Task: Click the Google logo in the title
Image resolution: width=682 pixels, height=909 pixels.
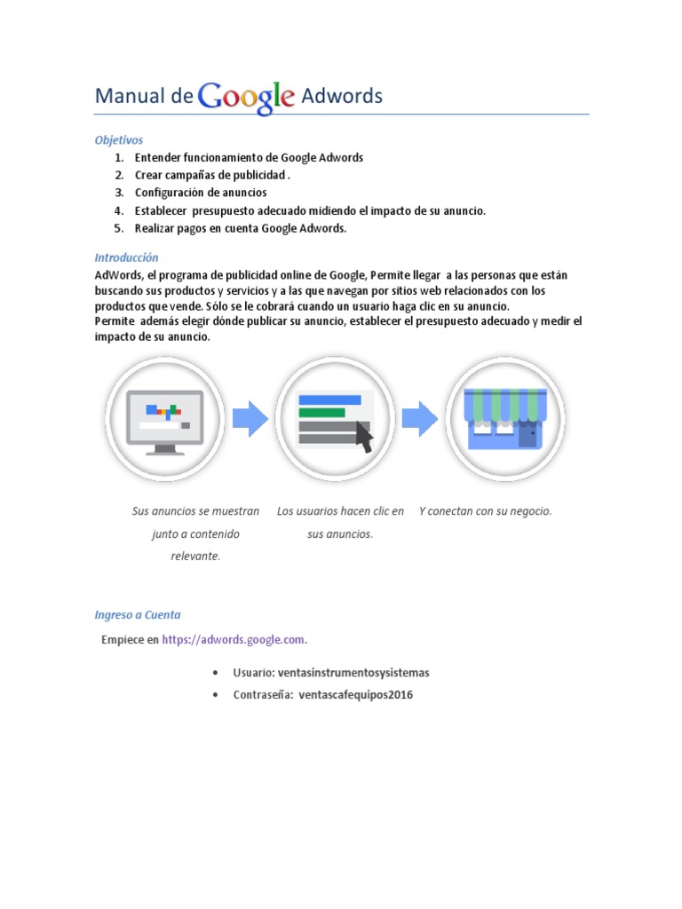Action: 247,97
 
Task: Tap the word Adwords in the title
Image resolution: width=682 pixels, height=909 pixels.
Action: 342,97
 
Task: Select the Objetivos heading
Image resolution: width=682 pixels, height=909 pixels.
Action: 119,140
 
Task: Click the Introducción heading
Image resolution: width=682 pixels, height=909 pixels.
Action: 126,257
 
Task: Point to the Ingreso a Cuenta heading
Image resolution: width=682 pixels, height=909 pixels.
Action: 138,614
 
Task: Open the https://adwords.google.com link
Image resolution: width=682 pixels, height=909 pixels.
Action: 234,639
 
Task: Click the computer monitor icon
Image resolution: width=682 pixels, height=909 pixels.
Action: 165,418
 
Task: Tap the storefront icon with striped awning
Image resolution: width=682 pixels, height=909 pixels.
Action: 505,417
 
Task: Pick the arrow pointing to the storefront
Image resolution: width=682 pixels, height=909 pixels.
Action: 420,418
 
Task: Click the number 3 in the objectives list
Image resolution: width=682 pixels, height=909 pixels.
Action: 118,193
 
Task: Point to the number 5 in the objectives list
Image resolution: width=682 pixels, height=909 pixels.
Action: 118,228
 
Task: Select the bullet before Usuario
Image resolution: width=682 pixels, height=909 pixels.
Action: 218,673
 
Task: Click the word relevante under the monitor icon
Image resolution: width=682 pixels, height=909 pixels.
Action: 195,557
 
